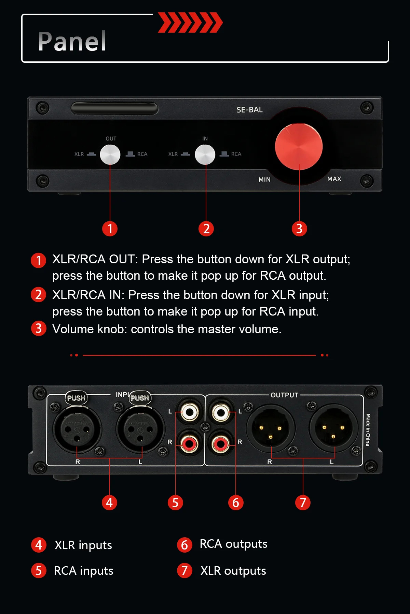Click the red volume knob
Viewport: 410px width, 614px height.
click(299, 147)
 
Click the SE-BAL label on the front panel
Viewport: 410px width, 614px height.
click(250, 110)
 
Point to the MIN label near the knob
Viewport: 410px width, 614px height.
click(264, 179)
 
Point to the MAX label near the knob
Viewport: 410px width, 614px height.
click(334, 179)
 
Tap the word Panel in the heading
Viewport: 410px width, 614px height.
click(72, 42)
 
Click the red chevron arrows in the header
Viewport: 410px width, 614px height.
click(190, 23)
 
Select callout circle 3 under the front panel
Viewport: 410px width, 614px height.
click(299, 229)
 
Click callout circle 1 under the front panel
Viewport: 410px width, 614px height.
click(110, 229)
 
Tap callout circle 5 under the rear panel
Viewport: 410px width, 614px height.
click(175, 502)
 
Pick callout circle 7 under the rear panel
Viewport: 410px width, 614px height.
click(303, 502)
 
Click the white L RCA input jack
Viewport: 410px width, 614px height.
click(190, 413)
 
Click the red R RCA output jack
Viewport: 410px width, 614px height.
click(221, 444)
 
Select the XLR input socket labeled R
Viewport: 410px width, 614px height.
click(77, 429)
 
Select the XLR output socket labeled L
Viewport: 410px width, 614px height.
click(333, 428)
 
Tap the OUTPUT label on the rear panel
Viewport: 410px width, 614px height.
click(285, 395)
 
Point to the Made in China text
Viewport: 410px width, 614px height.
click(368, 430)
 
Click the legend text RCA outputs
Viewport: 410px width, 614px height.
click(234, 544)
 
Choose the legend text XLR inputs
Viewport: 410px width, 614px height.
click(83, 545)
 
